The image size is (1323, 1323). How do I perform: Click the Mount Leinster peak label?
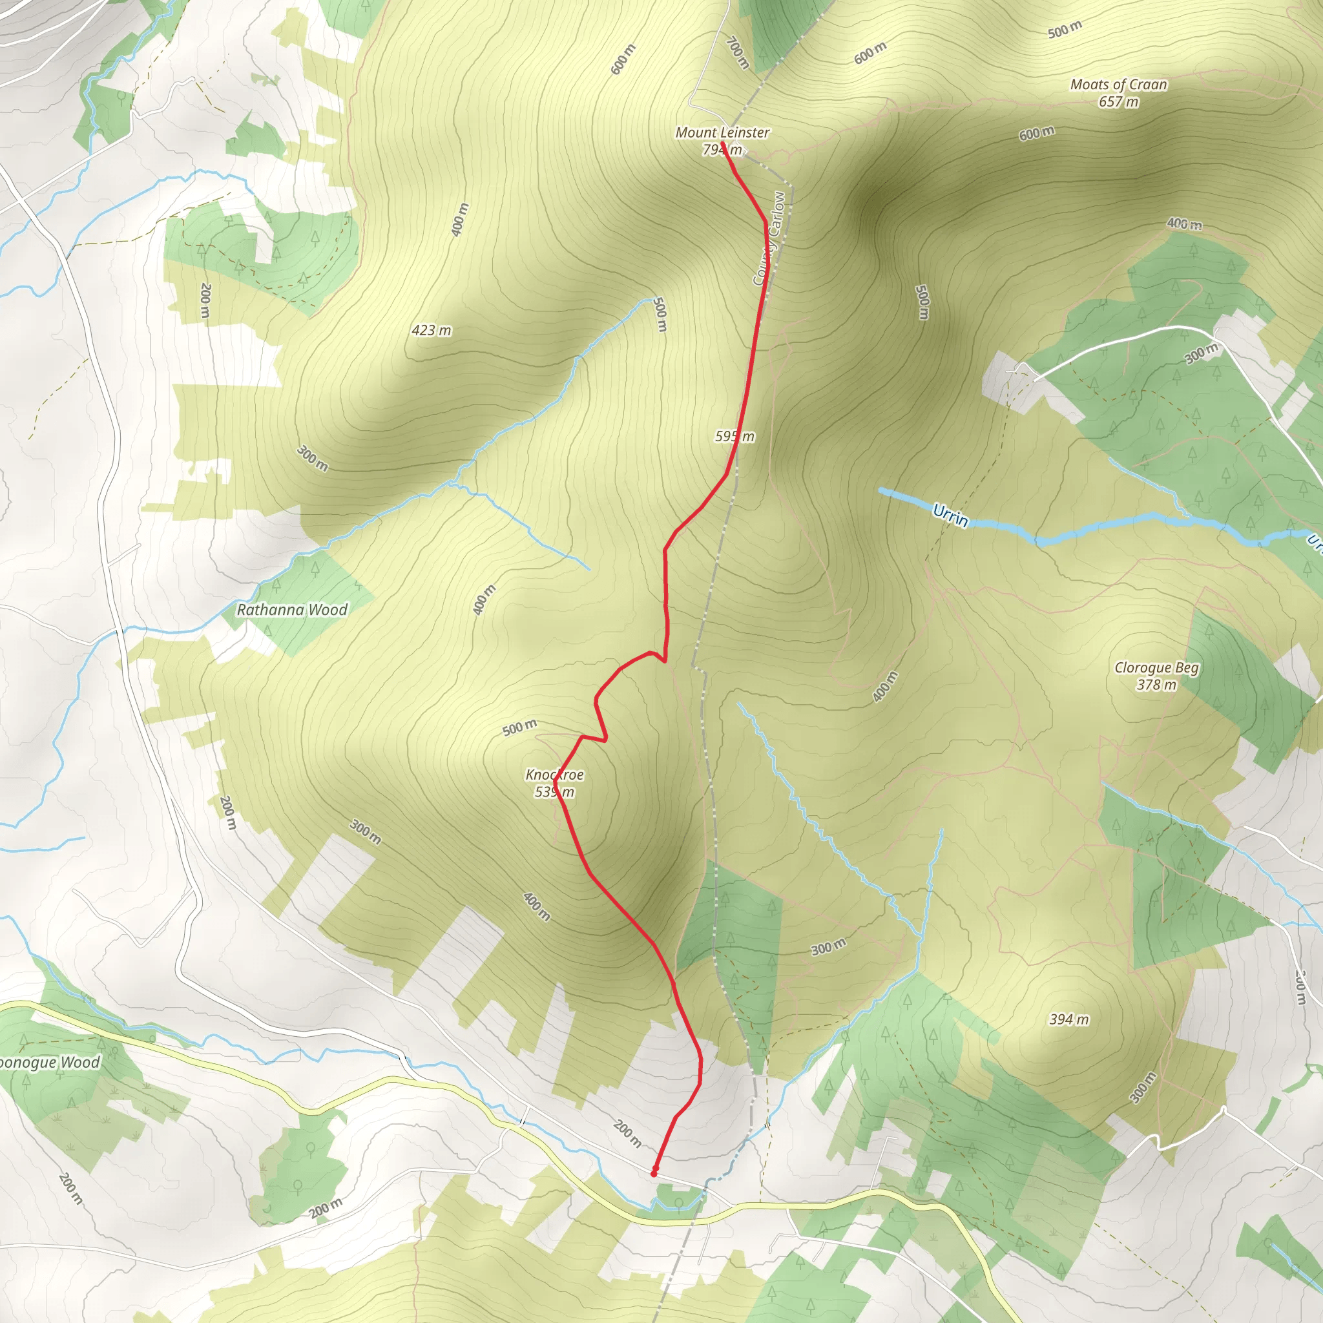coord(722,133)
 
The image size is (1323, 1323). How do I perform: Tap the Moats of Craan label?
coord(1118,85)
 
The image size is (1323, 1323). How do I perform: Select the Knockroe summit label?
coord(555,775)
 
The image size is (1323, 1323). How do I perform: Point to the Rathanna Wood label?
coord(293,610)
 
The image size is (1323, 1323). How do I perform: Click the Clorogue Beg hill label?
coord(1156,668)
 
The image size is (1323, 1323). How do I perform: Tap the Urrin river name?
coord(951,515)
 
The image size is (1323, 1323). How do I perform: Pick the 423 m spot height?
coord(432,331)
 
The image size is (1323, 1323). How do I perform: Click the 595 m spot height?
coord(734,436)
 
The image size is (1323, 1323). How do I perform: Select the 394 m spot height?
coord(1069,1019)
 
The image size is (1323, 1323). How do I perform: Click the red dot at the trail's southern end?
coord(654,1173)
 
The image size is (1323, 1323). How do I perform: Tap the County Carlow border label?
coord(769,238)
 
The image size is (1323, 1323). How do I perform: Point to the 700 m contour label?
coord(737,53)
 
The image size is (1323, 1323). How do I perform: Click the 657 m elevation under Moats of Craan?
coord(1118,102)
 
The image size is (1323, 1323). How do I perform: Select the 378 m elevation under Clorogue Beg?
coord(1156,685)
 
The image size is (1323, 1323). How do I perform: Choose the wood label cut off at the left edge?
coord(49,1063)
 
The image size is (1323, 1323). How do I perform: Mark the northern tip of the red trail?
coord(722,141)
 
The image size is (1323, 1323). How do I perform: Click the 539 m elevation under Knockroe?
coord(555,792)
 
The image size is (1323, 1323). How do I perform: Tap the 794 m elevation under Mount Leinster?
coord(722,149)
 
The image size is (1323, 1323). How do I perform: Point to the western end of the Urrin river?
coord(881,490)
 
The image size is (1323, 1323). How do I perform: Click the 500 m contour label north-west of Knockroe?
coord(520,728)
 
